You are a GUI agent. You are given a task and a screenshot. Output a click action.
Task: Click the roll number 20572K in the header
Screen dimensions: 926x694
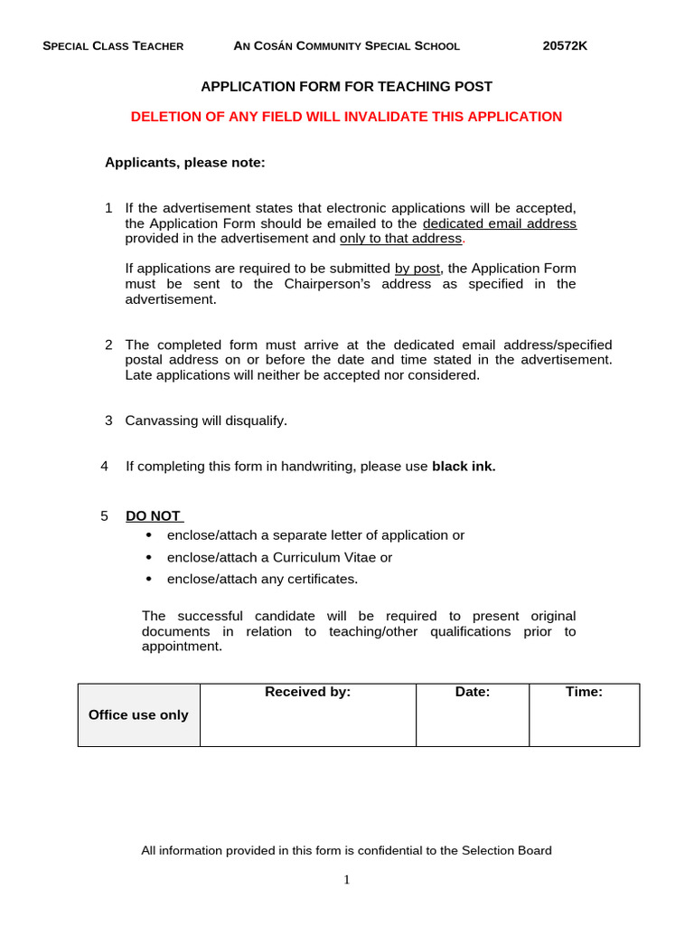click(565, 46)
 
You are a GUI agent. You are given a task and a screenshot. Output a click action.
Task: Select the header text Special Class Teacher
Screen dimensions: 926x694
click(113, 46)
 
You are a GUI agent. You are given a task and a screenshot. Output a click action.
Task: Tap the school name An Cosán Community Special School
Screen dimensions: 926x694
click(346, 46)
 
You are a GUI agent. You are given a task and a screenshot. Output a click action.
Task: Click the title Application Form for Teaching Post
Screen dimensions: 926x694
click(346, 87)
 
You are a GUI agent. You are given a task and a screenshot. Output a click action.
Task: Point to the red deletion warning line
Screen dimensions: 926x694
click(346, 117)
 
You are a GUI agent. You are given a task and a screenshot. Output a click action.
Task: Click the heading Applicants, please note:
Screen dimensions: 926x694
click(185, 163)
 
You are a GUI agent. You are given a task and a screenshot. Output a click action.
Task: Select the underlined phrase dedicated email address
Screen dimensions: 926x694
click(499, 223)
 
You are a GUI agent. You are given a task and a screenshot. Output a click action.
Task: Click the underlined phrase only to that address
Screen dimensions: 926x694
click(400, 239)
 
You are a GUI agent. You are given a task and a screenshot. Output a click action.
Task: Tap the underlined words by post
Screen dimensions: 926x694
click(417, 269)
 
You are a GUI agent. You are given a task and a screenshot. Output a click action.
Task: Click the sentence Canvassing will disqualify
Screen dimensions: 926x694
click(205, 420)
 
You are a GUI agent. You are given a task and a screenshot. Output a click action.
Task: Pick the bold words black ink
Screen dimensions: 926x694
click(464, 467)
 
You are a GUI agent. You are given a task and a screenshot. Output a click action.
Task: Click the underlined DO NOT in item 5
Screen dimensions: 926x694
click(154, 515)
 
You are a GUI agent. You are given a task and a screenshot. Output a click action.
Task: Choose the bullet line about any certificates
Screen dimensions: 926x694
click(262, 579)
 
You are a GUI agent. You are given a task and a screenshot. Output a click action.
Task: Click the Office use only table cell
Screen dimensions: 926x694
click(138, 714)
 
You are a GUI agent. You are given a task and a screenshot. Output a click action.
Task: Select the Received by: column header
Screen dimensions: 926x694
click(307, 692)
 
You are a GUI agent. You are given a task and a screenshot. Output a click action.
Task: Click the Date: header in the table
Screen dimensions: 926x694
click(472, 692)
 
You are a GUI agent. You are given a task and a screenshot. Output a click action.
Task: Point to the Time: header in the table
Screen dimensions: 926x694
click(584, 692)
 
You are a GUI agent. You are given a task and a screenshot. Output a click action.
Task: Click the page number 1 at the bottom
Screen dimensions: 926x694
click(346, 880)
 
